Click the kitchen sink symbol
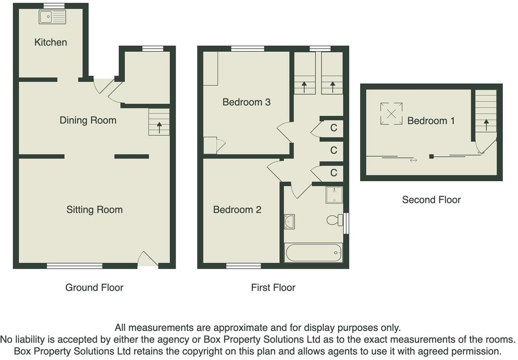52,17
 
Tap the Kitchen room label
51,42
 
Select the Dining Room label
88,120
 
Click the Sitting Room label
94,210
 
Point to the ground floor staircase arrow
159,127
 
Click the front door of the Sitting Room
147,260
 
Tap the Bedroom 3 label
246,102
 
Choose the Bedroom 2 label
237,210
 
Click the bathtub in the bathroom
313,253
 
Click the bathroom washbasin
289,221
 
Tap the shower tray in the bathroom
334,195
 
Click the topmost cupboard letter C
333,128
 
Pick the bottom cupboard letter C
333,173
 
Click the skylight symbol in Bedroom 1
391,113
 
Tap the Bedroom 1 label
431,121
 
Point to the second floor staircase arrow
486,125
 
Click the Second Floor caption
431,200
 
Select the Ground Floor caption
94,287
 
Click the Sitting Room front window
74,266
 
